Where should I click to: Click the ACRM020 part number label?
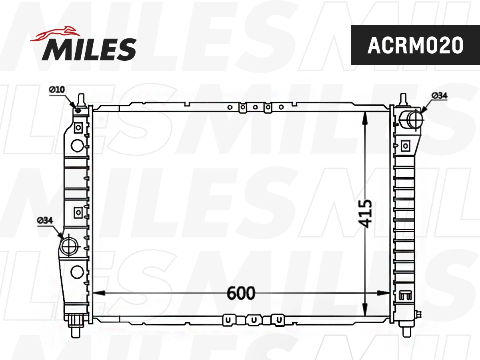point(415,45)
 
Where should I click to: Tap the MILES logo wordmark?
point(89,50)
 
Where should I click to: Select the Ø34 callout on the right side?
point(440,95)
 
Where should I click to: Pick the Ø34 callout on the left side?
point(45,220)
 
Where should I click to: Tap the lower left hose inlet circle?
point(69,246)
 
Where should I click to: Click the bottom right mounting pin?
point(406,331)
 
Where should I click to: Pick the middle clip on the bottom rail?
point(252,320)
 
